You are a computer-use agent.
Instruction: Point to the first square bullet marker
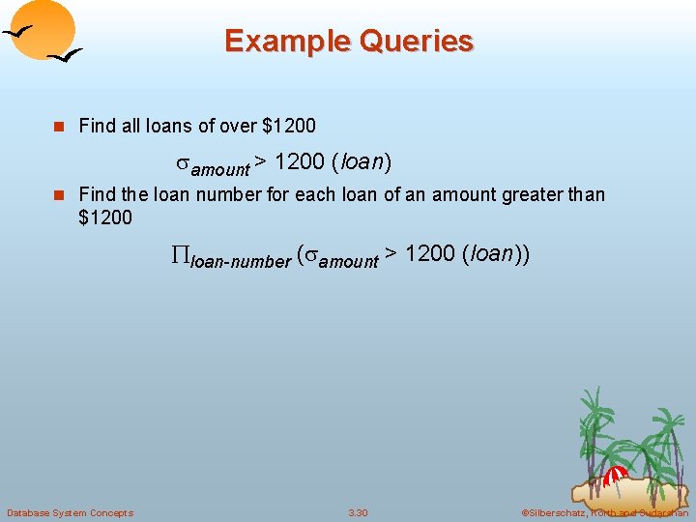(x=58, y=127)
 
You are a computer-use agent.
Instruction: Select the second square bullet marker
(x=58, y=195)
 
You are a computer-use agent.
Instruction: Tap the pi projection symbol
(x=181, y=255)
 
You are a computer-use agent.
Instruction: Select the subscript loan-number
(x=241, y=261)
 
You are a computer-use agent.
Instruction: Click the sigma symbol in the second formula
(x=311, y=255)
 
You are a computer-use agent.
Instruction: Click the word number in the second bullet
(x=230, y=194)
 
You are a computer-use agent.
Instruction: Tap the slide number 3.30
(x=358, y=512)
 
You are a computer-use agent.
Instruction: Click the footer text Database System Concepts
(x=70, y=512)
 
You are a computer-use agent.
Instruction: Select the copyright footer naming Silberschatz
(x=604, y=512)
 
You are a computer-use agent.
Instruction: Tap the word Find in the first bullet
(x=97, y=126)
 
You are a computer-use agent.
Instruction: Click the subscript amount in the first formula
(x=220, y=168)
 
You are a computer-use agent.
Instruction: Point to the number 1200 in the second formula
(x=430, y=254)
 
